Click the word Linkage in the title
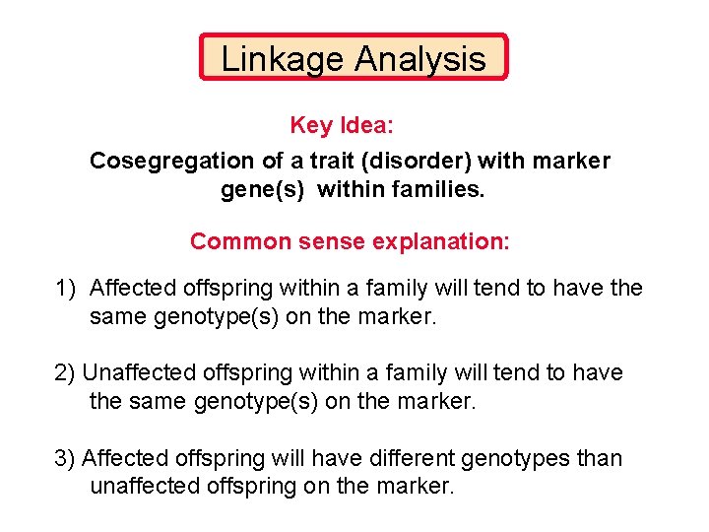click(283, 59)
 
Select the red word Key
click(312, 126)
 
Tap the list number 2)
click(65, 372)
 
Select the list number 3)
click(65, 458)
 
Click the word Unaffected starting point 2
click(139, 372)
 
